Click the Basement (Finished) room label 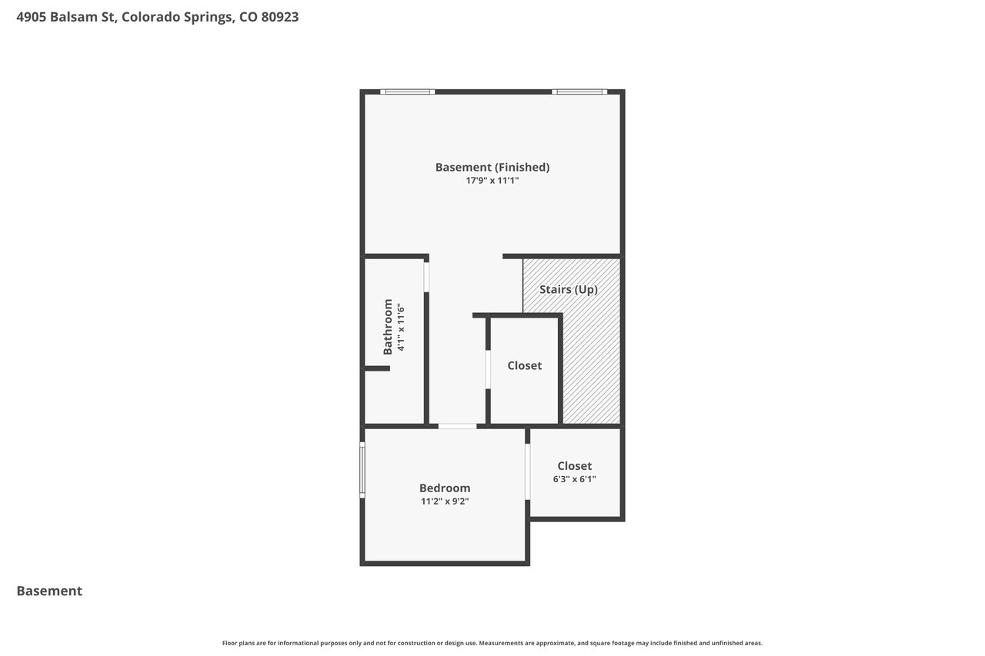tap(492, 168)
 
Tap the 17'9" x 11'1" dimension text tap(492, 181)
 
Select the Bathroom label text tap(387, 327)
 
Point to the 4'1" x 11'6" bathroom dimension tap(401, 327)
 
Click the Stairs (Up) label tap(569, 290)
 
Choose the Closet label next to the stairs tap(524, 365)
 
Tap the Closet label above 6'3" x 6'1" tap(574, 466)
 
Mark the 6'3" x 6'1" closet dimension tap(574, 479)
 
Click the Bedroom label tap(445, 488)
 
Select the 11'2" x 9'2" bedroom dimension tap(445, 501)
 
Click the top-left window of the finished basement tap(407, 92)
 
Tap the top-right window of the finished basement tap(579, 92)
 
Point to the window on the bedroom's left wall tap(362, 470)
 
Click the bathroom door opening tap(426, 277)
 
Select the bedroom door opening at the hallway tap(457, 426)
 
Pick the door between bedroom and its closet tap(527, 472)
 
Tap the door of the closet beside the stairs tap(488, 369)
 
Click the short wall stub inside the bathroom tap(377, 368)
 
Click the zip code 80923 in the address tap(279, 17)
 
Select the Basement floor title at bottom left tap(49, 591)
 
